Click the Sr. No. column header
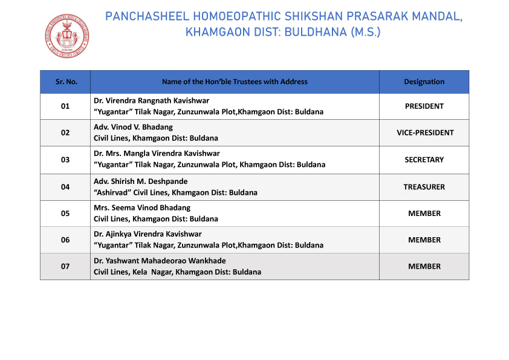coord(65,82)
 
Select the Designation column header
coord(424,82)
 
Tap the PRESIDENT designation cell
coord(424,106)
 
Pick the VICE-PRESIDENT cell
coord(424,133)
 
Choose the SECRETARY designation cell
coord(424,160)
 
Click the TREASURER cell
coord(424,187)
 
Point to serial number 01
coord(65,106)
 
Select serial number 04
coord(65,187)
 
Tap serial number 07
coord(65,266)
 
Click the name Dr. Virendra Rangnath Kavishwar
coord(152,100)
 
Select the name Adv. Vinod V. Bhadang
coord(133,127)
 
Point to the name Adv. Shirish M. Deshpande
coord(141,182)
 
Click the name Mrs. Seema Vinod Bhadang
coord(142,208)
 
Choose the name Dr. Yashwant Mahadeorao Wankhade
coord(160,261)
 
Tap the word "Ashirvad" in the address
coord(112,192)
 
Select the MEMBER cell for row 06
coord(424,240)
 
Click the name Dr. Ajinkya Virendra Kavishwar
coord(148,234)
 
